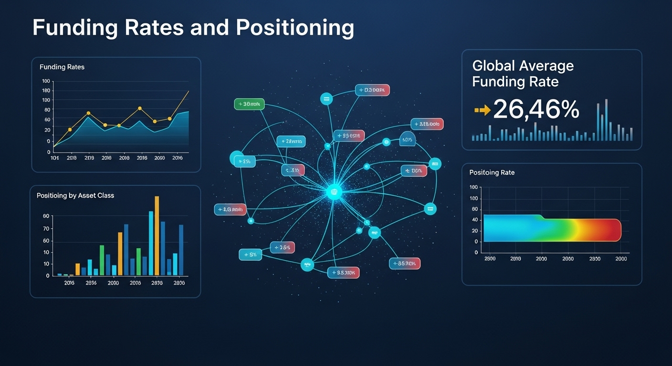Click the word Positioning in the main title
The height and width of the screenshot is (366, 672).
295,28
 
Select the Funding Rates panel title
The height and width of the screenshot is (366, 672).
62,67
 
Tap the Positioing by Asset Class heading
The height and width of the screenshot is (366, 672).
75,195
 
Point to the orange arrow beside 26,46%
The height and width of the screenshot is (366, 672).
482,111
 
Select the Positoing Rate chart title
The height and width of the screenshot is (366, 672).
492,173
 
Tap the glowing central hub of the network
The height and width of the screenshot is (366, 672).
334,192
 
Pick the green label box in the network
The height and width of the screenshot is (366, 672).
249,104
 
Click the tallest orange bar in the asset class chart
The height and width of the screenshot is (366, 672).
157,236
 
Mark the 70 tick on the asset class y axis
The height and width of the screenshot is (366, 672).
46,229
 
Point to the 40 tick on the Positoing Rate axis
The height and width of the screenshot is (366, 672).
474,220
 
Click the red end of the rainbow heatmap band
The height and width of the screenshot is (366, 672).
611,230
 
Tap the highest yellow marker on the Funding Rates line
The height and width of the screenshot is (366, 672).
140,108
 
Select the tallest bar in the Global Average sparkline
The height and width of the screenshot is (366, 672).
606,120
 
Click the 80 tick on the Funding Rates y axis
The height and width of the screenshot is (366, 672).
47,110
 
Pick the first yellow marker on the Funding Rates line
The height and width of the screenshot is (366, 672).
70,129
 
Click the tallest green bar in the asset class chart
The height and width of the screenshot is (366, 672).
102,260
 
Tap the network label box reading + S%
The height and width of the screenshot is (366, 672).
251,255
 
